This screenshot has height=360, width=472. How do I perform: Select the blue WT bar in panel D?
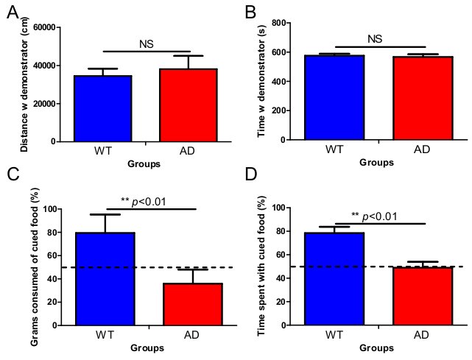[x=336, y=279]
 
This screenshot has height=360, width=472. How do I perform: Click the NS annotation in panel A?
[x=146, y=44]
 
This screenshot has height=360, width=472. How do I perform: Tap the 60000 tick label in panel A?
[x=42, y=28]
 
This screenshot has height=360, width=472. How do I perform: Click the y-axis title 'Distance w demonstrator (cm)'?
[x=24, y=86]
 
